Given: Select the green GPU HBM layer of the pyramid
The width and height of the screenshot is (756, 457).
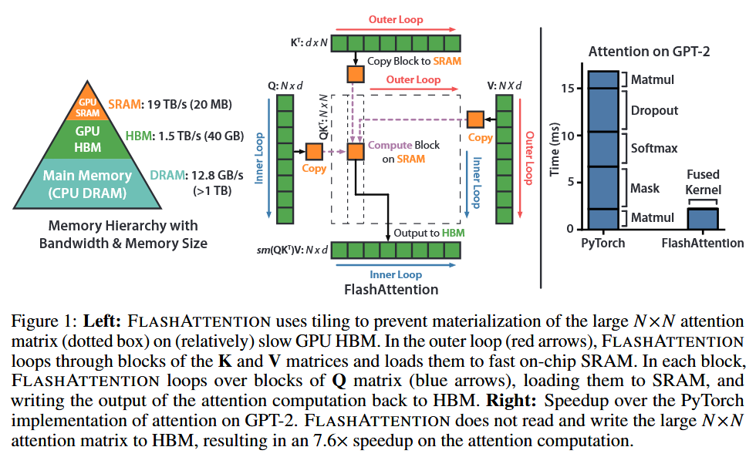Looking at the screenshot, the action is [x=87, y=139].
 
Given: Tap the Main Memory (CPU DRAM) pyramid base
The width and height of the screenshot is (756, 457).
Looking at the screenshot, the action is [x=87, y=183].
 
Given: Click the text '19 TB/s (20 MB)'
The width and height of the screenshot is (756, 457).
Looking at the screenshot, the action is [x=190, y=105].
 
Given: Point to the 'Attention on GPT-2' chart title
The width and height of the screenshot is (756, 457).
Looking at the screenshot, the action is [x=649, y=52].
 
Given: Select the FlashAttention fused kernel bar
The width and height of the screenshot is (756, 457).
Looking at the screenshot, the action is [x=703, y=219].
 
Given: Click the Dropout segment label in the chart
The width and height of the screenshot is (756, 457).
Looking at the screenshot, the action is [x=654, y=111].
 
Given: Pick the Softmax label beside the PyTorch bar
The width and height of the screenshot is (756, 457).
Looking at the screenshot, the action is [x=654, y=148].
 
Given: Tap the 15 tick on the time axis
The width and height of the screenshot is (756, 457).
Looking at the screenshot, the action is [x=568, y=89].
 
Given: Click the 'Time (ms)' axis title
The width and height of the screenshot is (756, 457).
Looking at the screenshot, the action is [x=555, y=150].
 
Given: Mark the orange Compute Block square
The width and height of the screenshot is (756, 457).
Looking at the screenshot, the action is [x=356, y=152].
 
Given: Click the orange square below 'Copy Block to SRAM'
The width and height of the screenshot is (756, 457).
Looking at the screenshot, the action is [x=356, y=75].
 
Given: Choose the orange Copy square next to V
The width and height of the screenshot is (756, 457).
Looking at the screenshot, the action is [x=475, y=119].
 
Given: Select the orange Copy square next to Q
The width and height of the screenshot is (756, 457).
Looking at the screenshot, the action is [x=314, y=152].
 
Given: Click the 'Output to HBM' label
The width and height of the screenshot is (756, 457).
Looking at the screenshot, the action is [x=429, y=233].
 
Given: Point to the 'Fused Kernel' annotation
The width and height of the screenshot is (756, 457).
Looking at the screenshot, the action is [x=703, y=182].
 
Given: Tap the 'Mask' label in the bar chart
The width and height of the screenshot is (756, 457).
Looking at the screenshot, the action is [x=645, y=188].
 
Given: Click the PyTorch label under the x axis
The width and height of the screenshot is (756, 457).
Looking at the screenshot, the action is [x=602, y=244].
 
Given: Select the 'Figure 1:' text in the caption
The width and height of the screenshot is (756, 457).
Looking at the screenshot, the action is [x=45, y=321].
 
